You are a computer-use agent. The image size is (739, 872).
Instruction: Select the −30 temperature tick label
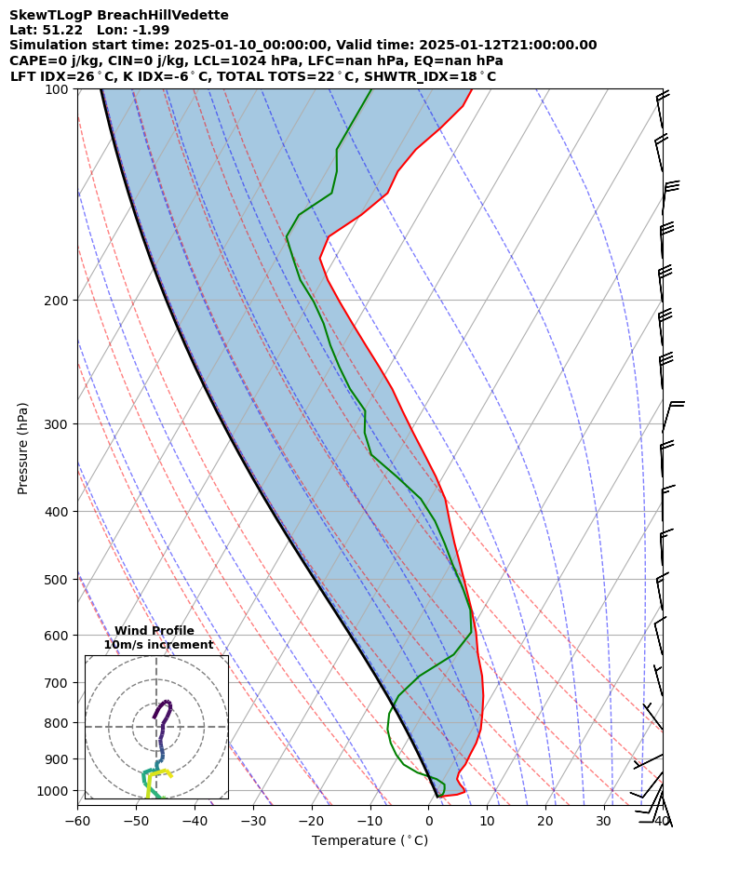point(253,821)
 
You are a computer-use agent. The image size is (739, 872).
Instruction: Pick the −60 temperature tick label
point(77,821)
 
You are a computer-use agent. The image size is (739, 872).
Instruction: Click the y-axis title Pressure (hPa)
point(23,448)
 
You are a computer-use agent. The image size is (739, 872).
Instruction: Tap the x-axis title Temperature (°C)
point(369,840)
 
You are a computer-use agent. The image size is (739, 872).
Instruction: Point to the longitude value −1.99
point(139,30)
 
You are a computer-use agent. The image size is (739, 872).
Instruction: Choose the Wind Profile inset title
point(155,631)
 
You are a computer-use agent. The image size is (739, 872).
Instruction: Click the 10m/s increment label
point(158,644)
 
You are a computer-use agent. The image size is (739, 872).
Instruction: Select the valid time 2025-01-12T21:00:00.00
point(508,45)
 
